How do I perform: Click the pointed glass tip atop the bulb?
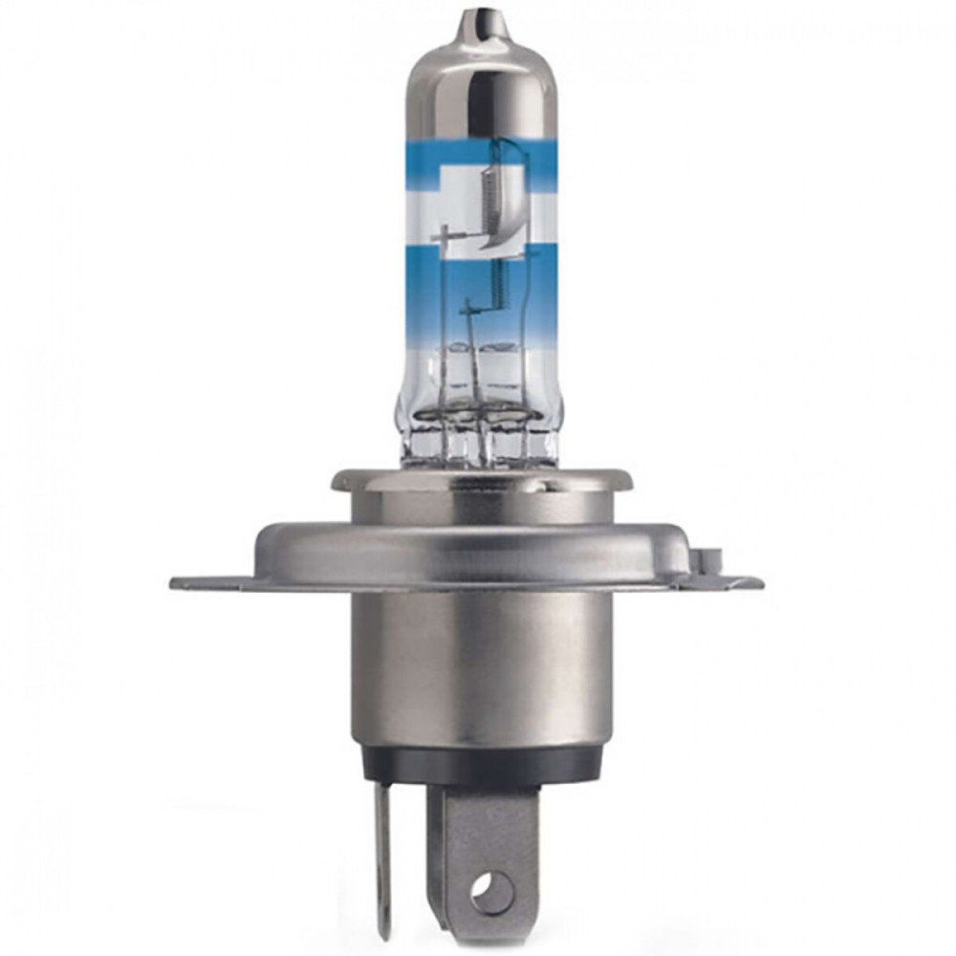pyautogui.click(x=479, y=21)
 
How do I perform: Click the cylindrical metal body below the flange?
pyautogui.click(x=478, y=669)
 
